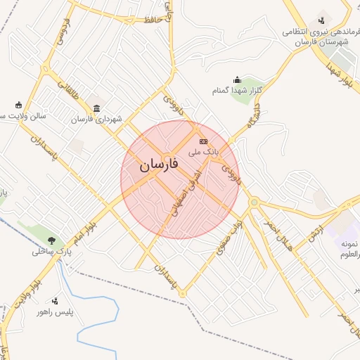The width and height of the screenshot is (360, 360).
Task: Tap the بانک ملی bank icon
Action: point(204,141)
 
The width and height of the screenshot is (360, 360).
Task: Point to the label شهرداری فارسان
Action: point(96,119)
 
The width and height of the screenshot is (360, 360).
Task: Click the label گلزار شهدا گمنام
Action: point(237,91)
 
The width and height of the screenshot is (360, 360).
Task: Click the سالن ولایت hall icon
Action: point(18,105)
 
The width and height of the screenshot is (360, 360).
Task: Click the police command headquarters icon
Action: point(321,20)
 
